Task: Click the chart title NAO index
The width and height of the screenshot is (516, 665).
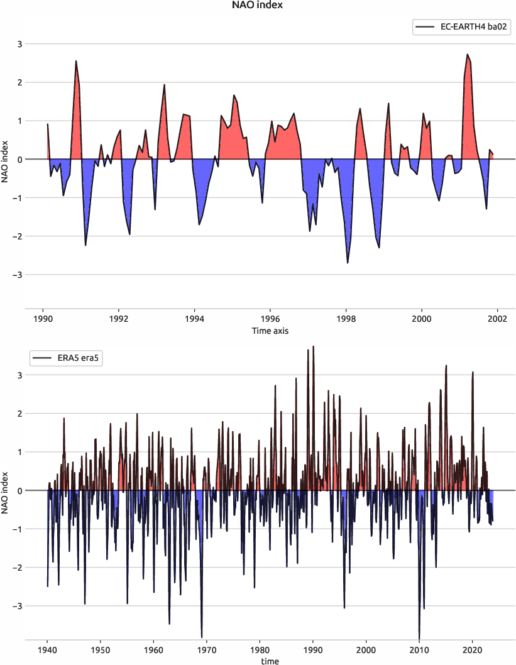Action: pyautogui.click(x=258, y=6)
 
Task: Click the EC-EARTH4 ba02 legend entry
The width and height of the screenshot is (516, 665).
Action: pyautogui.click(x=459, y=27)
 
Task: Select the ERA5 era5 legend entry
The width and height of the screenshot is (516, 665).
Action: pyautogui.click(x=67, y=358)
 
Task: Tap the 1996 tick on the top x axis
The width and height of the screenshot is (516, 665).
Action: pyautogui.click(x=270, y=318)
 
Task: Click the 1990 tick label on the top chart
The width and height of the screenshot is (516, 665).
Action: pyautogui.click(x=43, y=318)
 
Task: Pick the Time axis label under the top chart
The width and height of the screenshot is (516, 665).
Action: pyautogui.click(x=270, y=330)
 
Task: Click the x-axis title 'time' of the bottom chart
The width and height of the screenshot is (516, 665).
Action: pyautogui.click(x=270, y=661)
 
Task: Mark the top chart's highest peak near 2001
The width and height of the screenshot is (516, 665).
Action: pyautogui.click(x=468, y=55)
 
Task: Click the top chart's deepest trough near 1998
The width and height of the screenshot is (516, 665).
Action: pyautogui.click(x=348, y=263)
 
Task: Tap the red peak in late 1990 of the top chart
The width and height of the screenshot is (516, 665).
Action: pyautogui.click(x=76, y=61)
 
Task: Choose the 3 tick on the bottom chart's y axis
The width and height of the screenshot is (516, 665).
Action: pyautogui.click(x=18, y=375)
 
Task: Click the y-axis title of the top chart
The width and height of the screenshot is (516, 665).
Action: pyautogui.click(x=6, y=159)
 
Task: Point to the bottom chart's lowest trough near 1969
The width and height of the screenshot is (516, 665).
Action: pyautogui.click(x=202, y=637)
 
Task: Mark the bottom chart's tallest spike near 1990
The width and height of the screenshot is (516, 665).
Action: pyautogui.click(x=313, y=346)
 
